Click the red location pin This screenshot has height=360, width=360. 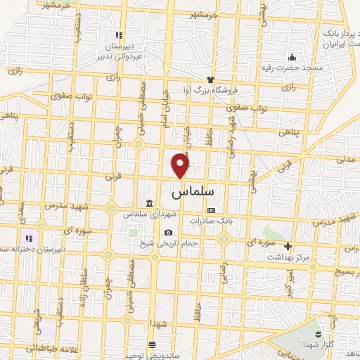point(181,166)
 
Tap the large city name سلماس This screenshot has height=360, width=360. point(192,190)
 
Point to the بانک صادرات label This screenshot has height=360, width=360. point(210,220)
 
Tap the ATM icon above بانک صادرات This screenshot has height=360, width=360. point(210,210)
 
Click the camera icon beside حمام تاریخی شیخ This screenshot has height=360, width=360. point(168,233)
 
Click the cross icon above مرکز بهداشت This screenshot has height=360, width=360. point(287,246)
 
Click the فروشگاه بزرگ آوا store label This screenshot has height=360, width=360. point(213,89)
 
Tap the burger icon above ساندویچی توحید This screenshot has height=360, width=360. point(152,345)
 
